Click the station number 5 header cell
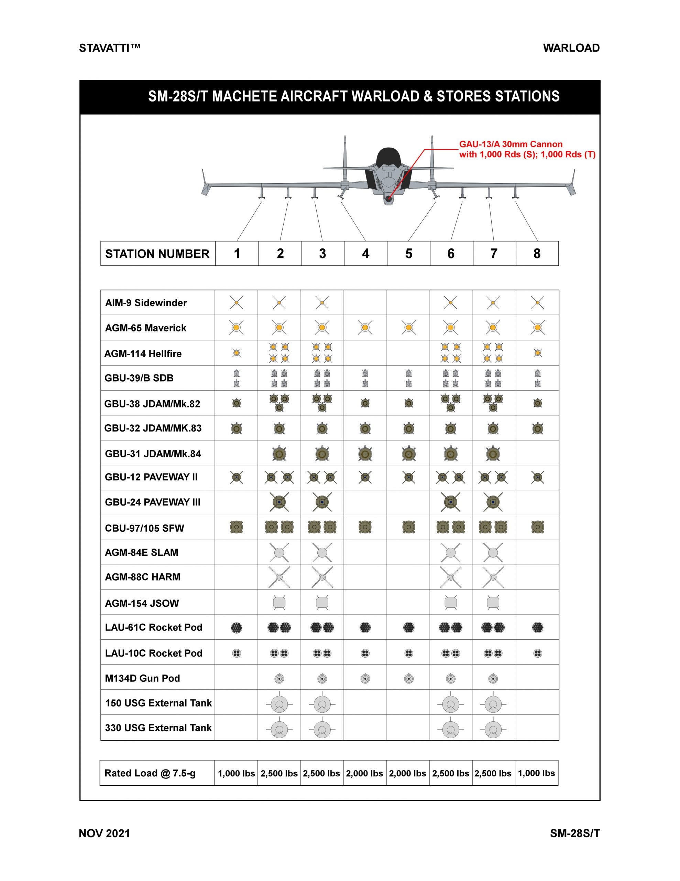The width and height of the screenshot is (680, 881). [408, 253]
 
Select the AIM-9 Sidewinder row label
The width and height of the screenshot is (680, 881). [146, 302]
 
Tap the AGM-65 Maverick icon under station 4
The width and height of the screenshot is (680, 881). [365, 328]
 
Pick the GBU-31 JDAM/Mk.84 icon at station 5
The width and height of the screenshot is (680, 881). [408, 454]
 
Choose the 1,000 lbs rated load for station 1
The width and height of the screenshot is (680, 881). [236, 773]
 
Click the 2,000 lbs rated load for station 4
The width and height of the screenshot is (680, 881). [364, 773]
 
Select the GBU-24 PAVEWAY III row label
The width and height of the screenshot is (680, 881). [152, 502]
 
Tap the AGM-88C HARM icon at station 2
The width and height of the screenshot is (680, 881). [279, 577]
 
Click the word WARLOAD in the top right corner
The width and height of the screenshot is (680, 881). [571, 48]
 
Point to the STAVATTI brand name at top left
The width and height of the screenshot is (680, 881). [109, 48]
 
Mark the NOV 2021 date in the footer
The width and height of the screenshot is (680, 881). [105, 834]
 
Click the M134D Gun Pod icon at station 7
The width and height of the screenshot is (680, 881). [493, 679]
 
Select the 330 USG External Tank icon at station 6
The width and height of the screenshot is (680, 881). [451, 729]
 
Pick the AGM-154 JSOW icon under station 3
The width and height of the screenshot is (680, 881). [322, 603]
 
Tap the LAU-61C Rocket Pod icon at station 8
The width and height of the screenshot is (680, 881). [537, 628]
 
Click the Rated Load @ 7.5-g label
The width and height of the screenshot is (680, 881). [150, 773]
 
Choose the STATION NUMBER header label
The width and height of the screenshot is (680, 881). [157, 254]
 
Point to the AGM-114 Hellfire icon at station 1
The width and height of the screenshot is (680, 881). [237, 353]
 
